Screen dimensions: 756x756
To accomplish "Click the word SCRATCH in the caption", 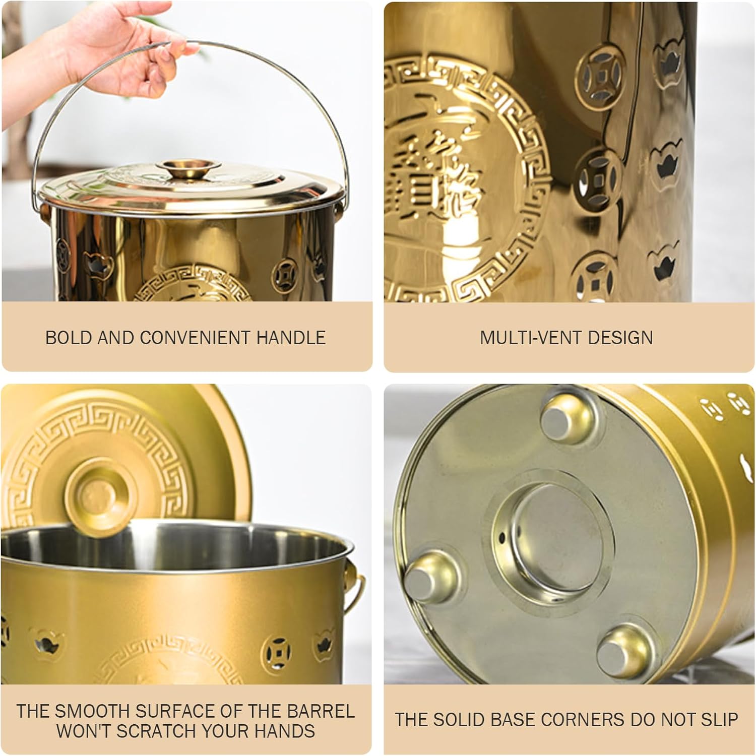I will pyautogui.click(x=147, y=731).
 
